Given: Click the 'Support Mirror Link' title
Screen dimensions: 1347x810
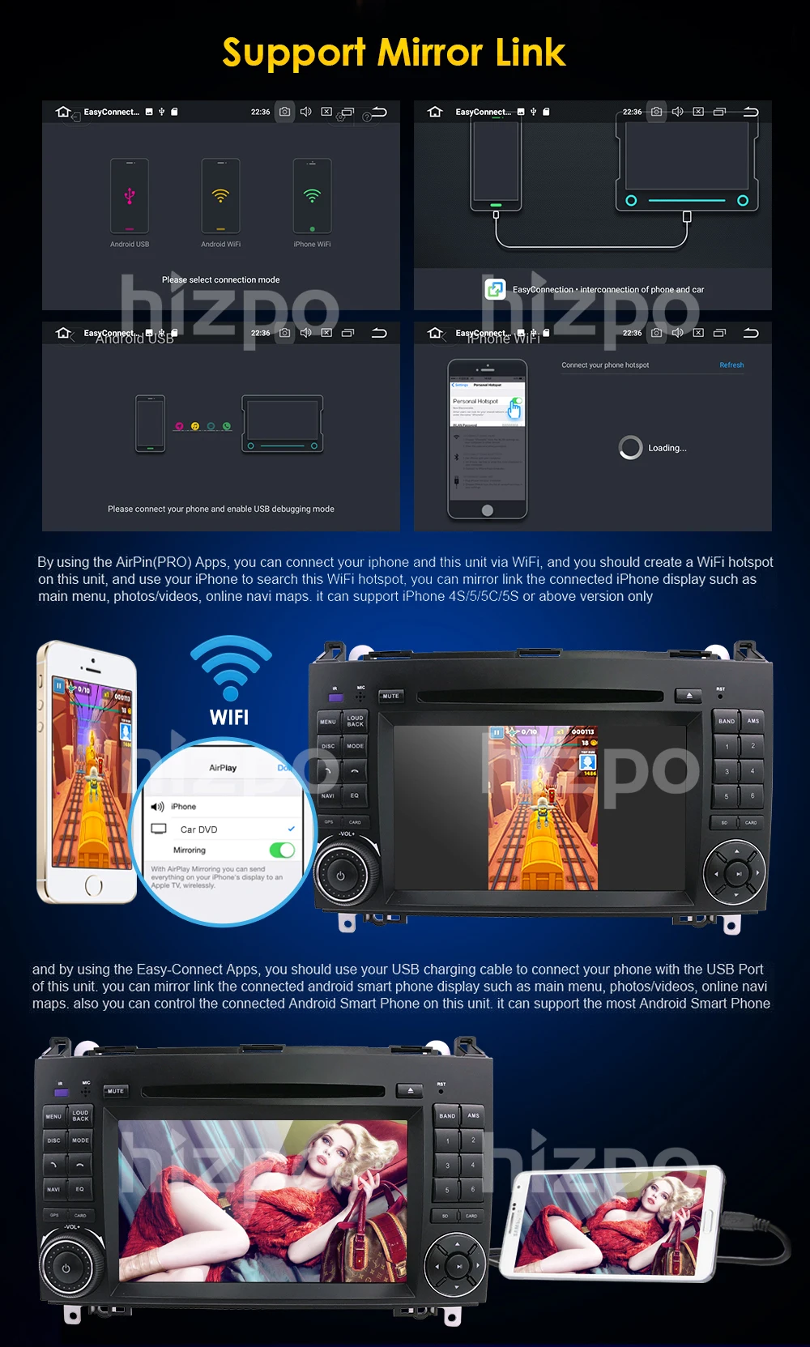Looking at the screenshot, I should pos(394,53).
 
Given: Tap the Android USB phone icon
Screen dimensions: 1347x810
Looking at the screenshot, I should pos(130,196).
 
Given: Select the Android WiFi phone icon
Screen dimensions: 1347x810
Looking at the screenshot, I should pos(220,196).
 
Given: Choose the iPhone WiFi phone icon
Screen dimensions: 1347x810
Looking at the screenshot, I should pos(312,196).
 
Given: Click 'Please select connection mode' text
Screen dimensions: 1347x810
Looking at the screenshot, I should pos(220,279).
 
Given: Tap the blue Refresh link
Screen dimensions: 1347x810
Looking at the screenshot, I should pos(731,365).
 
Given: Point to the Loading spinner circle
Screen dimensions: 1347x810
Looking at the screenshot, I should pos(630,447).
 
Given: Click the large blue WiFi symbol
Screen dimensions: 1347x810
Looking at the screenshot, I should pos(231,667).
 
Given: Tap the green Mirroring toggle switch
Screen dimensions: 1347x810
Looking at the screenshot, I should pos(282,850).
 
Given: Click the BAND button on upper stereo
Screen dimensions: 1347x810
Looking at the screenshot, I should pos(727,721).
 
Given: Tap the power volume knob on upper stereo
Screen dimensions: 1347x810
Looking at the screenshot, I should pos(341,876).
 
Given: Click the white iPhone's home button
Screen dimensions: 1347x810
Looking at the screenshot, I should pos(94,886).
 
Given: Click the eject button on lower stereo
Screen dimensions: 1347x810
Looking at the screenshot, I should pos(410,1090).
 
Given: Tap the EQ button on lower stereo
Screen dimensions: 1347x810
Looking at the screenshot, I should pos(80,1189).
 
